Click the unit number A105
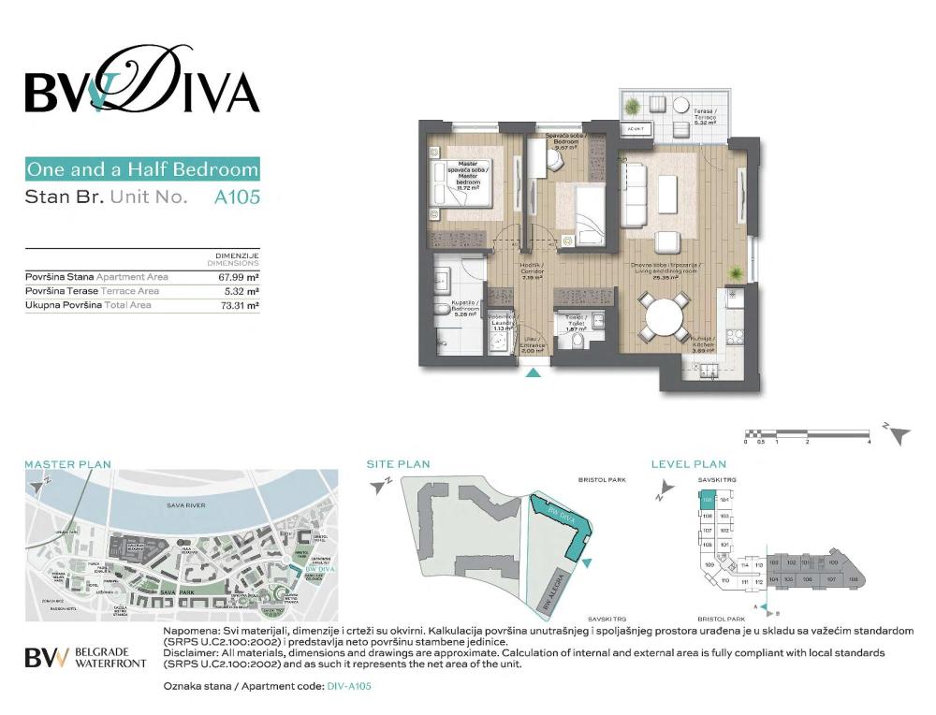tap(236, 197)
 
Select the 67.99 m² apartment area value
tap(239, 277)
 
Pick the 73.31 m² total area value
tap(239, 305)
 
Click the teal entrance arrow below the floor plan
tap(534, 373)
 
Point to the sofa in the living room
tap(635, 195)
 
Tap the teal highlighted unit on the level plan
tap(707, 501)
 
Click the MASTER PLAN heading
tap(67, 463)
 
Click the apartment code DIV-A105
tap(349, 686)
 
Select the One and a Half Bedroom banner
tap(142, 169)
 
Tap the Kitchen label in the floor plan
tap(704, 343)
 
